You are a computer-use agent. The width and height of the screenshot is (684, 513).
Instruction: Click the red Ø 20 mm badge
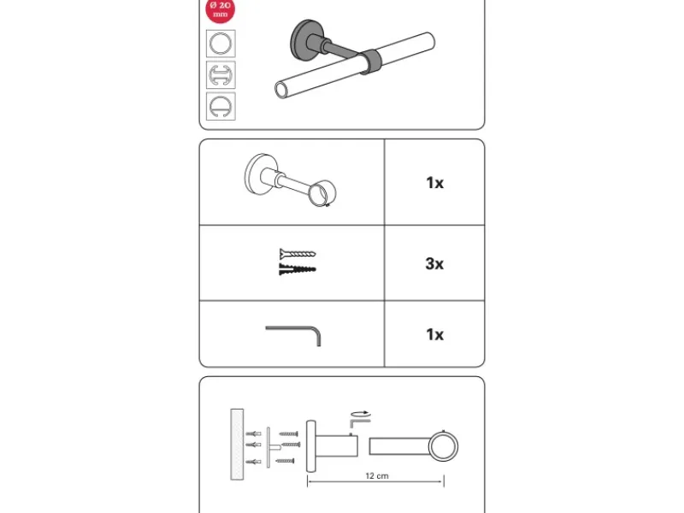pos(221,9)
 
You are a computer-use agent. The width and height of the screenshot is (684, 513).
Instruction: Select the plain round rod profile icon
pos(221,44)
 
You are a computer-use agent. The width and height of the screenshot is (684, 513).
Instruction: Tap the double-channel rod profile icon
pos(221,75)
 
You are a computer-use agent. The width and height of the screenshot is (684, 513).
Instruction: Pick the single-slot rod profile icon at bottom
pos(221,106)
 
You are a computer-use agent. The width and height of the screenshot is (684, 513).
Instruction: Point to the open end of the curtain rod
pos(281,91)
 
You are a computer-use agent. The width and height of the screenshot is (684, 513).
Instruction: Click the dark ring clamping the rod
pos(370,62)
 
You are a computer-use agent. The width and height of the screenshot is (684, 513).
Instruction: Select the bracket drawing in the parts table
pos(291,180)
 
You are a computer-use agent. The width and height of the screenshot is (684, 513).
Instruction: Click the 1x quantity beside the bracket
pos(435,183)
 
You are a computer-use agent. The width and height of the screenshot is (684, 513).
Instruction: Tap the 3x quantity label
pos(434,264)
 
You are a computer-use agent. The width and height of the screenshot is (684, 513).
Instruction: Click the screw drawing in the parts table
pos(298,253)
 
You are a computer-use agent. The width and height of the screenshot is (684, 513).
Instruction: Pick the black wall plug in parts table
pos(298,269)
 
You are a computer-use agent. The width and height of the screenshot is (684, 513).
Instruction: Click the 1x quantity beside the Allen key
pos(435,334)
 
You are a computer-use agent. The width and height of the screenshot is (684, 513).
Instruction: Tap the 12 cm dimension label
pos(377,476)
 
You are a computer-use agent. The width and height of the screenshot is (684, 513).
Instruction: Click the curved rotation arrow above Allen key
pos(361,413)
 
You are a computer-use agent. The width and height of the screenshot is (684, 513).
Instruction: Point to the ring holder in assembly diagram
pos(443,446)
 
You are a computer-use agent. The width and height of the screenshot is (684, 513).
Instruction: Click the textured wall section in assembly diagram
pos(237,445)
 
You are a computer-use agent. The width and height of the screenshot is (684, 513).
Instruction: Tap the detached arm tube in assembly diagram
pos(398,446)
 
